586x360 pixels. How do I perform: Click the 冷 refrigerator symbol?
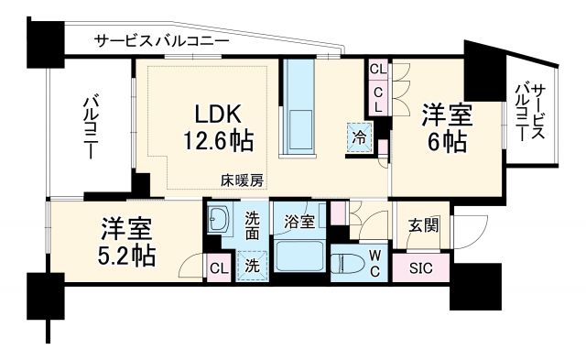358,134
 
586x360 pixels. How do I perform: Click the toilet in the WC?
351,267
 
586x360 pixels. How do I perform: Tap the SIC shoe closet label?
420,268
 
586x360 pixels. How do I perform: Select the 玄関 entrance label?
422,225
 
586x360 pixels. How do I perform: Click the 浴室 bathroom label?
298,222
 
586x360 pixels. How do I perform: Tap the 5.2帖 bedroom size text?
126,254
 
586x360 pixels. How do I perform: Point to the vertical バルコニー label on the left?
91,127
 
